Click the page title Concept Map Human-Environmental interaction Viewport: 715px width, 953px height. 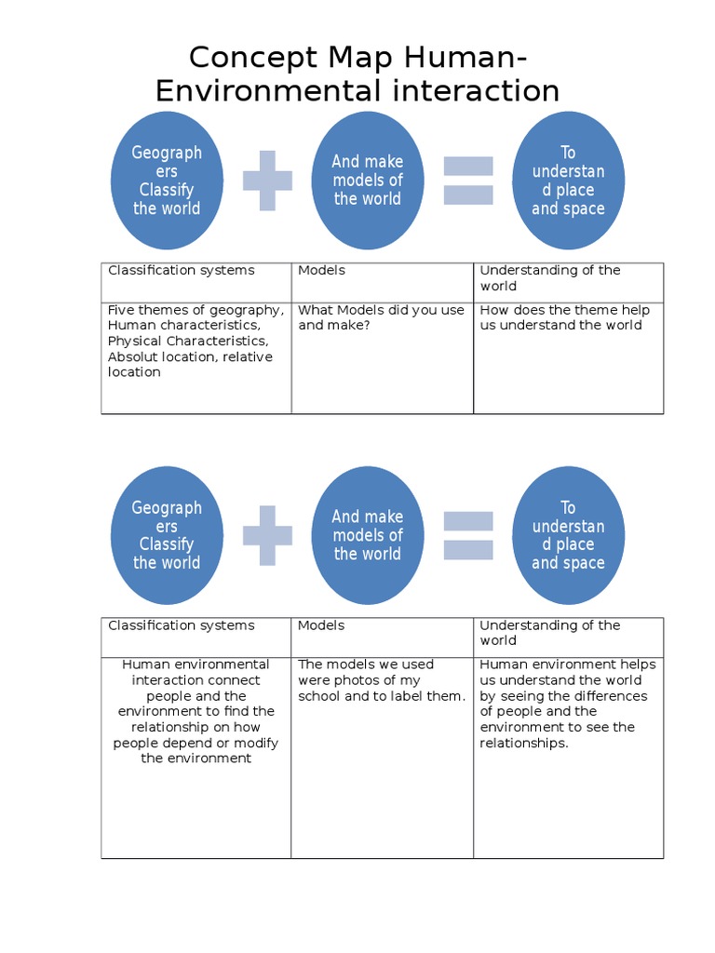pos(357,74)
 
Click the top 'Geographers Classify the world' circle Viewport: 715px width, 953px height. pos(167,181)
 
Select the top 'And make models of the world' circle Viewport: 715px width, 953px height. pos(368,181)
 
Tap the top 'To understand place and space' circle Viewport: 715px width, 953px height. pos(568,181)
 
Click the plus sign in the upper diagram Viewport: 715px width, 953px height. pos(267,181)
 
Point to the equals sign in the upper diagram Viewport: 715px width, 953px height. pos(467,181)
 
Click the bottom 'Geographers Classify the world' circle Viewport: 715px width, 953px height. pos(167,535)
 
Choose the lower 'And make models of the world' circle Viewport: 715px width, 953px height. pos(368,535)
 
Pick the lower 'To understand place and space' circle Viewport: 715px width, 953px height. pos(568,535)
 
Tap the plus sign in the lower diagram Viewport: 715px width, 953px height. pos(267,535)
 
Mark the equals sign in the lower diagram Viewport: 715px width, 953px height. pos(467,535)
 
